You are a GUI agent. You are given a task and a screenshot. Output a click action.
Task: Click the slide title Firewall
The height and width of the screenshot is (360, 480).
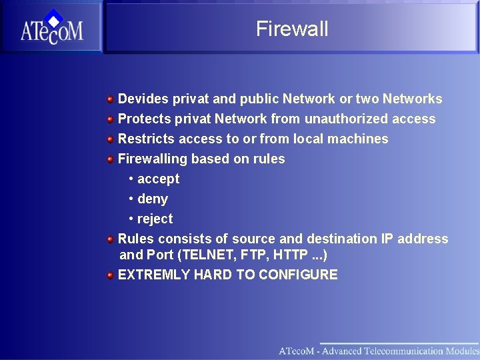pyautogui.click(x=292, y=29)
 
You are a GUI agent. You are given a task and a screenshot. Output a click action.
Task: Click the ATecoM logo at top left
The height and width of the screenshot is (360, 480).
pyautogui.click(x=51, y=29)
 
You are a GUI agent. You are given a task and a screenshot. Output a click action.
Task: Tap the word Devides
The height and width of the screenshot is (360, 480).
pyautogui.click(x=143, y=99)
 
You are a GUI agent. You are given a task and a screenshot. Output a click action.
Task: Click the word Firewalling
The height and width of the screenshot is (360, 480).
pyautogui.click(x=152, y=159)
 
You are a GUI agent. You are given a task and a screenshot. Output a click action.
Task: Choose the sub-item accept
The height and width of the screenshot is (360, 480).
pyautogui.click(x=158, y=179)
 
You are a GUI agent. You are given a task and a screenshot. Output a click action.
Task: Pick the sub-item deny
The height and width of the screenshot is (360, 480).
pyautogui.click(x=153, y=199)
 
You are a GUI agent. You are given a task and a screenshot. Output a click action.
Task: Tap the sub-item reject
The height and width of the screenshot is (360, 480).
pyautogui.click(x=155, y=219)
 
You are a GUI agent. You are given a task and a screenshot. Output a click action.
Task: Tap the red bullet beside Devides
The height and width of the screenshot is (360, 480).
pyautogui.click(x=109, y=99)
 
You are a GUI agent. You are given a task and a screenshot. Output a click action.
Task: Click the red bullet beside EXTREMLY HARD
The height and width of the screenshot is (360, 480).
pyautogui.click(x=109, y=275)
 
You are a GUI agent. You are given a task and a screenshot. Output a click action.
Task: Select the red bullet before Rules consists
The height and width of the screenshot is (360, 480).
pyautogui.click(x=109, y=239)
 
